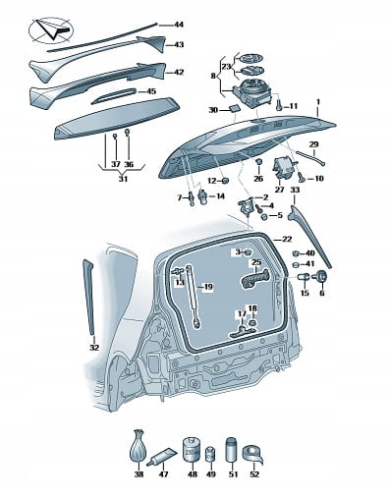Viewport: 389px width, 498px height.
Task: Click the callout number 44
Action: [x=179, y=25]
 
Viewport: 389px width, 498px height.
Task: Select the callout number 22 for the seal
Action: [x=287, y=240]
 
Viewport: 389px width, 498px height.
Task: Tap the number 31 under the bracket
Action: [x=123, y=179]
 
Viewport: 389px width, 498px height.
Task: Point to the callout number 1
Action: [x=317, y=102]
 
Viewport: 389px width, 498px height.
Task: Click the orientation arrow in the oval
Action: [x=52, y=29]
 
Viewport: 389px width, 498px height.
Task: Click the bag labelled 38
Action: [x=139, y=446]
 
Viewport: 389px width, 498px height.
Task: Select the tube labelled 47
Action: [x=162, y=456]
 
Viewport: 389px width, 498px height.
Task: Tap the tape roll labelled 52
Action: [x=252, y=455]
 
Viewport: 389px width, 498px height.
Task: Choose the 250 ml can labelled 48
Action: [x=192, y=449]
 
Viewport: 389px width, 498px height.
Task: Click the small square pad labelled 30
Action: [x=234, y=108]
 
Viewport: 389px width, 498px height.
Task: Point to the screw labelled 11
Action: [x=278, y=105]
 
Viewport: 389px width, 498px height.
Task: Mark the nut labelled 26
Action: [x=258, y=162]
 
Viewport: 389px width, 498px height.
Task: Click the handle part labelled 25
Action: [x=254, y=278]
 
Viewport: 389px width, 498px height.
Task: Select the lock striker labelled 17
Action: [x=242, y=332]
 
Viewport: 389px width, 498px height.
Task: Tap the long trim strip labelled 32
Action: [x=89, y=297]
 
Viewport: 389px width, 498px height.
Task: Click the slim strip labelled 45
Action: [x=114, y=95]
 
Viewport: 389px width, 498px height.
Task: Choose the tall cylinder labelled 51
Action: [x=232, y=449]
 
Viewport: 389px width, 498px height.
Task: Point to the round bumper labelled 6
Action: [x=321, y=276]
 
